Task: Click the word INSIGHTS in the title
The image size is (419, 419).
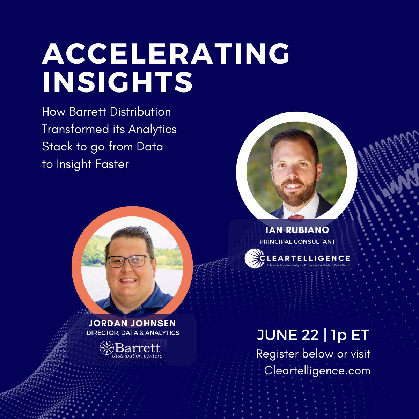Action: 117,82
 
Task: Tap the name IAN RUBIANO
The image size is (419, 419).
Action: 297,230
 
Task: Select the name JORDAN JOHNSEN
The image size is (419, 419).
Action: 132,323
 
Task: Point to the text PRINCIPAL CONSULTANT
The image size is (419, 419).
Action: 297,242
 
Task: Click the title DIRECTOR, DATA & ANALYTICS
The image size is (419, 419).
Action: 133,333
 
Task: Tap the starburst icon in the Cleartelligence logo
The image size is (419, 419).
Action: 254,259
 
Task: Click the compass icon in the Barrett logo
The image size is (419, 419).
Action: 106,348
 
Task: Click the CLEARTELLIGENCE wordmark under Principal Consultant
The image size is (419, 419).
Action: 305,258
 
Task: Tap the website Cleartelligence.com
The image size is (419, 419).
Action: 317,370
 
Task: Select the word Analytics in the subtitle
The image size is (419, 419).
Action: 153,130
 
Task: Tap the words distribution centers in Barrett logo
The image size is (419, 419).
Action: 137,356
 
